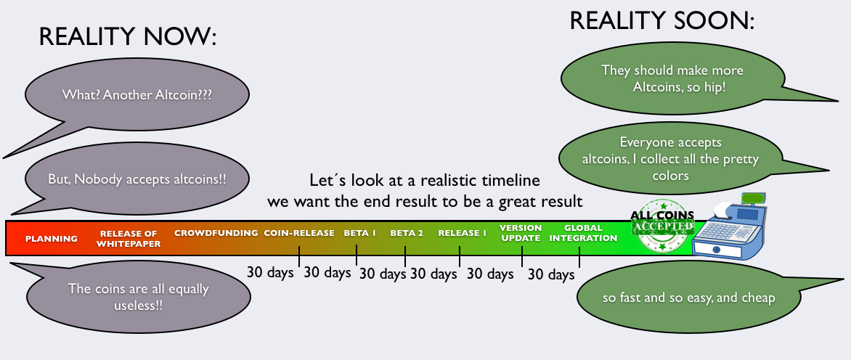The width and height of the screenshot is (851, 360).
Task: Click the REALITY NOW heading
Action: pos(128,37)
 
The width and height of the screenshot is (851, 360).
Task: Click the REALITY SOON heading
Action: pos(662,20)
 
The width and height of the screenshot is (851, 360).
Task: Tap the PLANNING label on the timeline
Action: pos(52,239)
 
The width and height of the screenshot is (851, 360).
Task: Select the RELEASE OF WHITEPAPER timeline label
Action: pos(129,239)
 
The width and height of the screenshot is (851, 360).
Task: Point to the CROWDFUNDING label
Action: pos(216,233)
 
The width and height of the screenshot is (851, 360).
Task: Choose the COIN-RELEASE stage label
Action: pos(299,233)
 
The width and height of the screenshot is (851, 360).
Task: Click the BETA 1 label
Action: pos(360,233)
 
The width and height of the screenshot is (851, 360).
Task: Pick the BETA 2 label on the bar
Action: pos(407,233)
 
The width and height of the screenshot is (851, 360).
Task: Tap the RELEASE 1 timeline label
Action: pos(463,233)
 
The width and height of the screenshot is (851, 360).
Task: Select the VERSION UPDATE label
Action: pos(521,233)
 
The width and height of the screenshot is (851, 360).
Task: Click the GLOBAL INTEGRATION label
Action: pos(584,233)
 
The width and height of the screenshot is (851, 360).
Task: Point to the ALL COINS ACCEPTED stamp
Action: pos(663,226)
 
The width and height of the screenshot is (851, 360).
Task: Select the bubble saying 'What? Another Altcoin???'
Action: pos(137,95)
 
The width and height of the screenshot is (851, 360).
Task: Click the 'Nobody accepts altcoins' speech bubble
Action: pos(137,179)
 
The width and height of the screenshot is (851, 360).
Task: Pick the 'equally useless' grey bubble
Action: pos(138,296)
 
